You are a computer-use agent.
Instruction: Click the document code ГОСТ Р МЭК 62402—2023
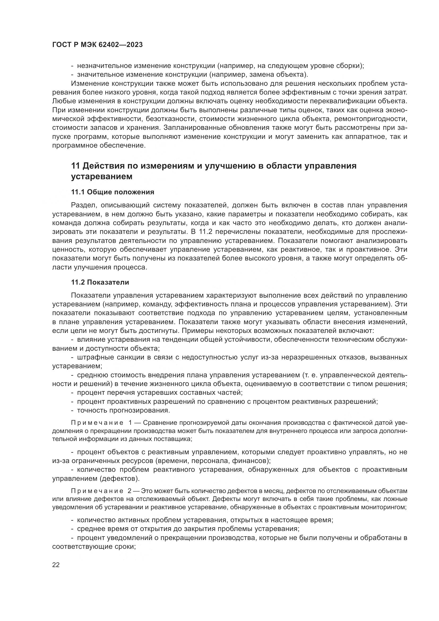[x=97, y=45]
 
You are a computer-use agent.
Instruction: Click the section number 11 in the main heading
[x=75, y=166]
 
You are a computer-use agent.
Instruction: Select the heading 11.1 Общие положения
[x=113, y=192]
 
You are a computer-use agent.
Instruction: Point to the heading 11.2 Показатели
[x=100, y=282]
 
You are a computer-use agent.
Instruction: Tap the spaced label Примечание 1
[x=101, y=423]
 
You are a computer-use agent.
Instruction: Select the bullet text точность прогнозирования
[x=123, y=410]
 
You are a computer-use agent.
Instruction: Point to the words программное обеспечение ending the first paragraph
[x=99, y=145]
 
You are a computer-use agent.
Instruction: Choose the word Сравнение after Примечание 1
[x=159, y=423]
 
